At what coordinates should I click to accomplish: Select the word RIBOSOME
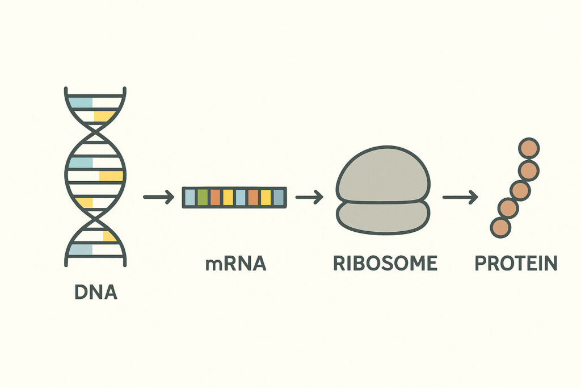pos(385,264)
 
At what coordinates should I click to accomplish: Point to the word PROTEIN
pos(516,264)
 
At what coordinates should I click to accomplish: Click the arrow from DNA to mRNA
pos(157,197)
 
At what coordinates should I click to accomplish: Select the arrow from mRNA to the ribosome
pos(309,197)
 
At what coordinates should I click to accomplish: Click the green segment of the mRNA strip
pos(203,197)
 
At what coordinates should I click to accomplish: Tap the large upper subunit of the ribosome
pos(383,173)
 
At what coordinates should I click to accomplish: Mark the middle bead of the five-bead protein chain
pos(519,190)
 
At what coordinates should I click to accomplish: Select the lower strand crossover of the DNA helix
pos(95,219)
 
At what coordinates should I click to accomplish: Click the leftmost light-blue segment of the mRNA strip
pos(190,197)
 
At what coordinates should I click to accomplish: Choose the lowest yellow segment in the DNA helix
pos(110,236)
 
